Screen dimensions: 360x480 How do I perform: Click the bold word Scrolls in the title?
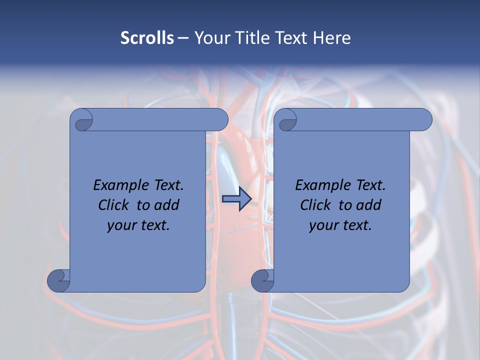[x=147, y=38]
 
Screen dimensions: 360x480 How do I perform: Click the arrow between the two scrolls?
[x=236, y=199]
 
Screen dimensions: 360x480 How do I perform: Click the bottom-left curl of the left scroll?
[x=58, y=280]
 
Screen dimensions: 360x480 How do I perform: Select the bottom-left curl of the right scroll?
[x=262, y=280]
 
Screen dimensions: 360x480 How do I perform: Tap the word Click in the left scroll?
[x=114, y=205]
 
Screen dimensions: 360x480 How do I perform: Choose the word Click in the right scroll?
[x=316, y=205]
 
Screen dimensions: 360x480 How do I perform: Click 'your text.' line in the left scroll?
[x=138, y=225]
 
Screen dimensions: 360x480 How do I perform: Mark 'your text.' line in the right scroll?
[x=340, y=225]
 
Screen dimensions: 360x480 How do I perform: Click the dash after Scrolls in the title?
[x=183, y=38]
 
